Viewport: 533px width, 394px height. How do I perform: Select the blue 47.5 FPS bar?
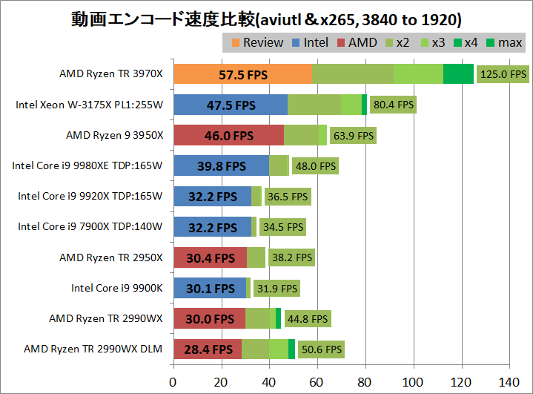coord(230,105)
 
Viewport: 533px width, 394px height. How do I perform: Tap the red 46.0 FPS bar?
coord(228,135)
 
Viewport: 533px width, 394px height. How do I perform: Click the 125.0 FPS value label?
coord(503,74)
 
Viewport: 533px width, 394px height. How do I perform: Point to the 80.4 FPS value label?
coord(393,105)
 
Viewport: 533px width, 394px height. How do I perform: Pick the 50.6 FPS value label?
coord(320,349)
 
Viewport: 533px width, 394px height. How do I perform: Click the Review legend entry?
coord(255,42)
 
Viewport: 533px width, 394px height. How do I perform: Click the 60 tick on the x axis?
coord(317,382)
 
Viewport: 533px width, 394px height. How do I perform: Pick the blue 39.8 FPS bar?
coord(221,165)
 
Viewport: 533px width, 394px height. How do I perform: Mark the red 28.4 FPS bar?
coord(208,349)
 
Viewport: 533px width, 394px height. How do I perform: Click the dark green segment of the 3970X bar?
coord(458,74)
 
